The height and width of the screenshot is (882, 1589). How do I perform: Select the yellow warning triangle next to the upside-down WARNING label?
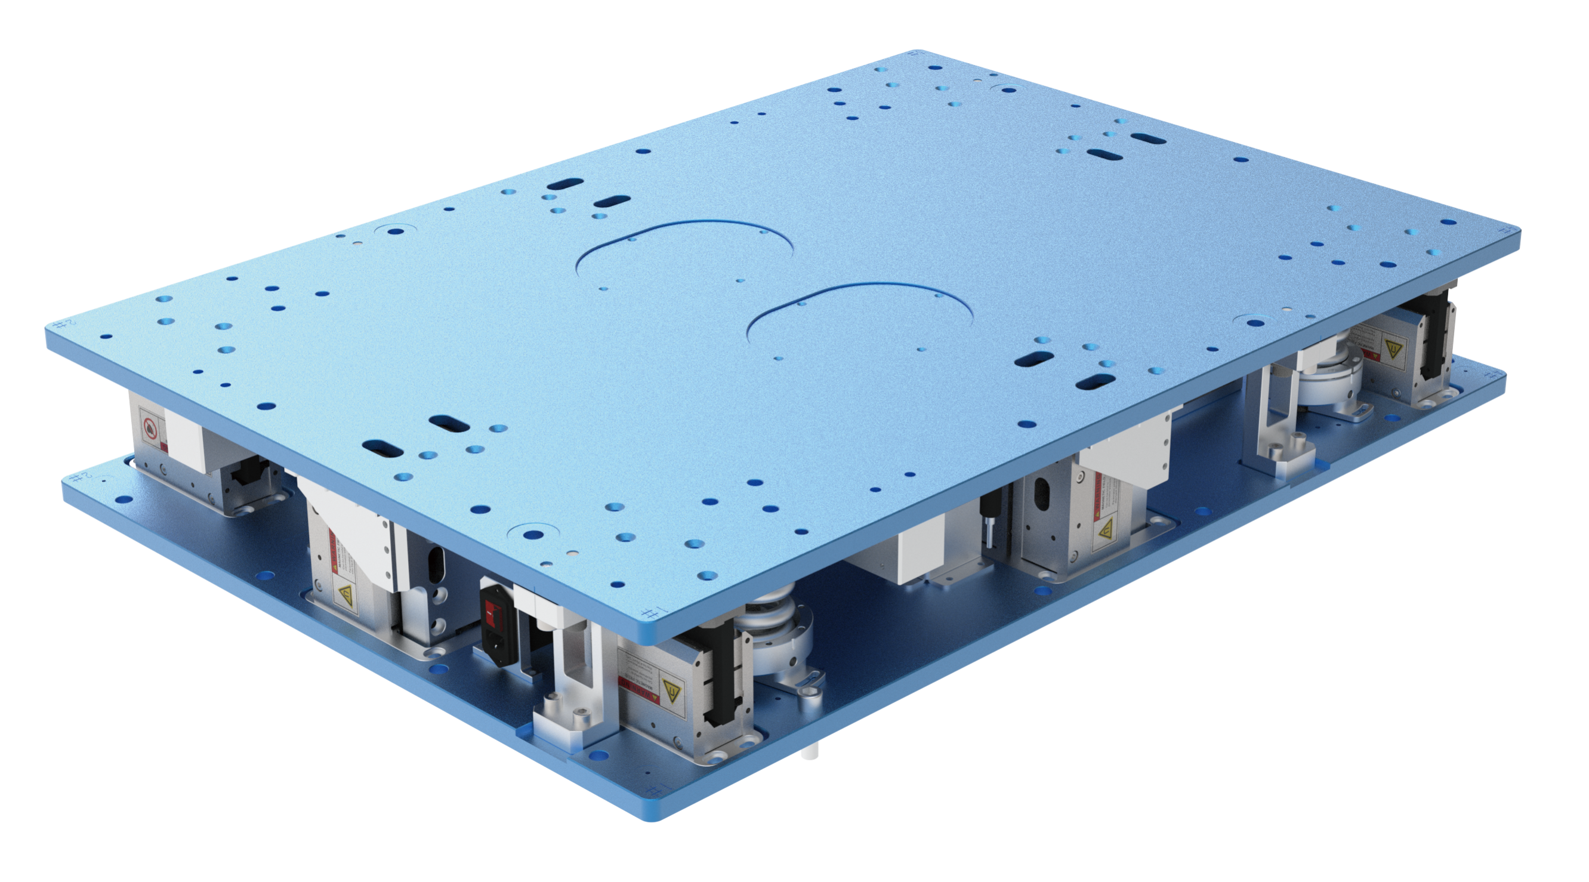(670, 687)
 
